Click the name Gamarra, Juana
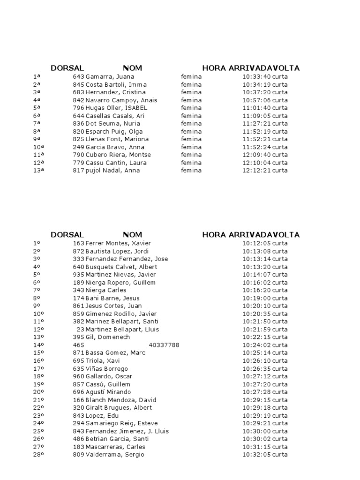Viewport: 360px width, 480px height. [x=110, y=76]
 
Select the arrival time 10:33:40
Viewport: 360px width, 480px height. [x=256, y=76]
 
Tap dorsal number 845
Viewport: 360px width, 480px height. [x=78, y=84]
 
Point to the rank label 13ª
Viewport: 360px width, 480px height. [x=39, y=170]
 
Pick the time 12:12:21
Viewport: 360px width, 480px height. [x=256, y=170]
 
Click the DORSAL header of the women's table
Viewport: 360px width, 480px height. [x=67, y=68]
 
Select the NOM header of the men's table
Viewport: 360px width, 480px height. [x=132, y=234]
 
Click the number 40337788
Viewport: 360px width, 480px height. [x=164, y=345]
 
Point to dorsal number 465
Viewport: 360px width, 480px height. [x=79, y=345]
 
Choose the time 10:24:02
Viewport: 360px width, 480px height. [x=256, y=345]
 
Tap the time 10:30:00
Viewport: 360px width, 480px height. [x=256, y=431]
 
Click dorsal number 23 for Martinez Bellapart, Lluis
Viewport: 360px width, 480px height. [x=80, y=329]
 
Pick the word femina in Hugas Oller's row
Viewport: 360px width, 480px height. [x=191, y=108]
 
